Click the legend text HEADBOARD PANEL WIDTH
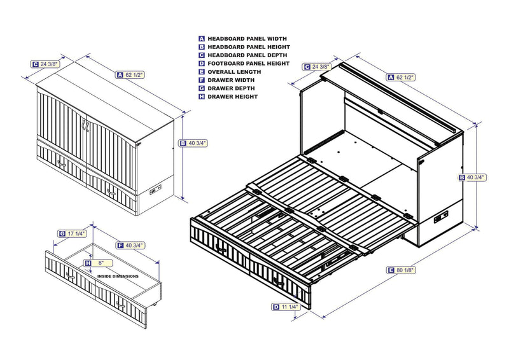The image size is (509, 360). [x=239, y=39]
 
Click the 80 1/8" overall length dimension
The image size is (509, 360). [x=405, y=270]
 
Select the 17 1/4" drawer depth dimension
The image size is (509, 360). [x=76, y=233]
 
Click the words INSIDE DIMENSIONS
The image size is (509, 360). [x=118, y=277]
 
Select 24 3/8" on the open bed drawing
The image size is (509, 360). [x=321, y=66]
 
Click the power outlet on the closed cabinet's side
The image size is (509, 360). [x=154, y=191]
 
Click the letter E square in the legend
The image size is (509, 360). [x=202, y=72]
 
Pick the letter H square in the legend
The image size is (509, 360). [x=202, y=97]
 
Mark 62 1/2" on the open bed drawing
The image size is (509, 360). [x=405, y=77]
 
